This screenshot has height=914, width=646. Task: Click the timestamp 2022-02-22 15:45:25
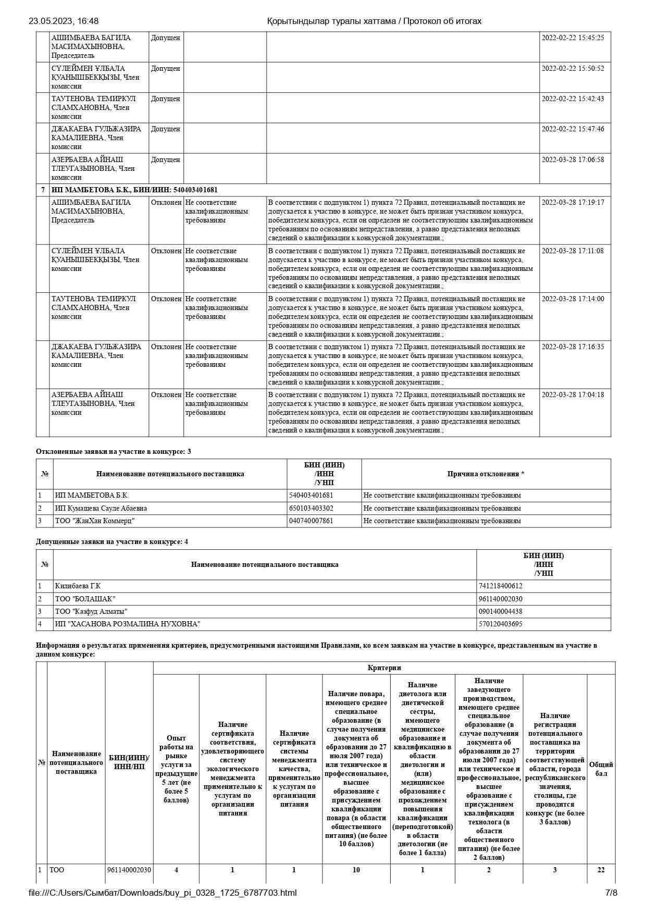pyautogui.click(x=573, y=38)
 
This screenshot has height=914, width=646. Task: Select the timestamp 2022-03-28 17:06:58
pyautogui.click(x=573, y=160)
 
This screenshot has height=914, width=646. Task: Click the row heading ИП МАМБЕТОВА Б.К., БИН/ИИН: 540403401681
pyautogui.click(x=134, y=190)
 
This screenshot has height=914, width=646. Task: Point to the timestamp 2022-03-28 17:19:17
pyautogui.click(x=573, y=203)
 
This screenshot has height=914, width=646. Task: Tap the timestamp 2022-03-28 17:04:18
pyautogui.click(x=573, y=395)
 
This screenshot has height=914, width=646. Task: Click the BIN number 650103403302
pyautogui.click(x=311, y=509)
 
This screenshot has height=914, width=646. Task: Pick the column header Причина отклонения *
pyautogui.click(x=486, y=474)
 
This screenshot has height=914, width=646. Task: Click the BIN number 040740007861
pyautogui.click(x=311, y=521)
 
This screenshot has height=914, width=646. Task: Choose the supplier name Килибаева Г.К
pyautogui.click(x=78, y=586)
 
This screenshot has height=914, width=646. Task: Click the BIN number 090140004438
pyautogui.click(x=500, y=612)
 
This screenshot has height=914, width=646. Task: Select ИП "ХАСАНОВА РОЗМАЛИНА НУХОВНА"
pyautogui.click(x=128, y=624)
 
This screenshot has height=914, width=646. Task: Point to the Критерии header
pyautogui.click(x=384, y=668)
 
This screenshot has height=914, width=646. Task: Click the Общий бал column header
pyautogui.click(x=601, y=769)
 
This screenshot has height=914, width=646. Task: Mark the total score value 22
pyautogui.click(x=601, y=870)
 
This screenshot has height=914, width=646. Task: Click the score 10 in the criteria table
pyautogui.click(x=356, y=870)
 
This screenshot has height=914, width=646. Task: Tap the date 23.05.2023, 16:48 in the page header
pyautogui.click(x=64, y=21)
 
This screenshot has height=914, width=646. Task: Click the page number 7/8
pyautogui.click(x=611, y=893)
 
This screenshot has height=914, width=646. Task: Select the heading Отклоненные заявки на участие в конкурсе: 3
pyautogui.click(x=113, y=452)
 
